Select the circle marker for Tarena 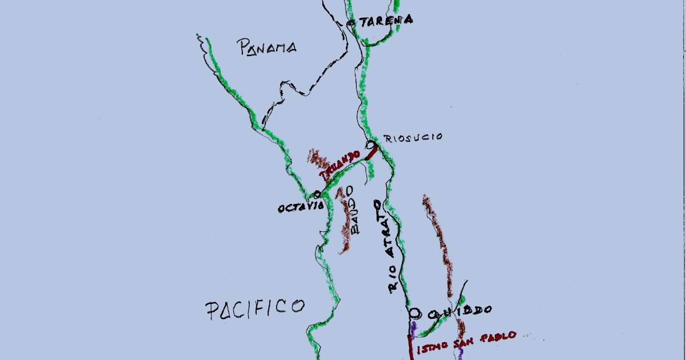point(350,23)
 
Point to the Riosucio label point(413,138)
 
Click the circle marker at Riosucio point(369,144)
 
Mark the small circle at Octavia point(317,195)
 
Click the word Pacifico point(254,308)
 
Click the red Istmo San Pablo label point(466,341)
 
